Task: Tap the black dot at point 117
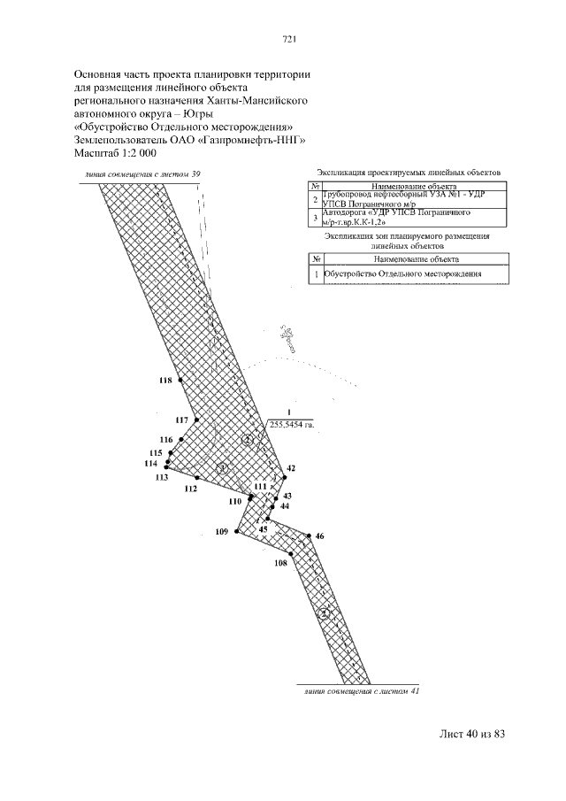tap(196, 420)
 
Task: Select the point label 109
tap(222, 532)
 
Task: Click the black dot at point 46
tap(309, 535)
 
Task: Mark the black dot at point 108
tap(291, 554)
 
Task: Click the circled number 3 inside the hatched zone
tap(223, 468)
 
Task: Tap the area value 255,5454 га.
tap(292, 425)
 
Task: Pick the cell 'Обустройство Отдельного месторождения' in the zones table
tap(403, 274)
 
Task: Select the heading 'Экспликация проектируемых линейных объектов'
tap(409, 173)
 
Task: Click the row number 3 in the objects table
tap(315, 217)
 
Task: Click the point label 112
tap(190, 489)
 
